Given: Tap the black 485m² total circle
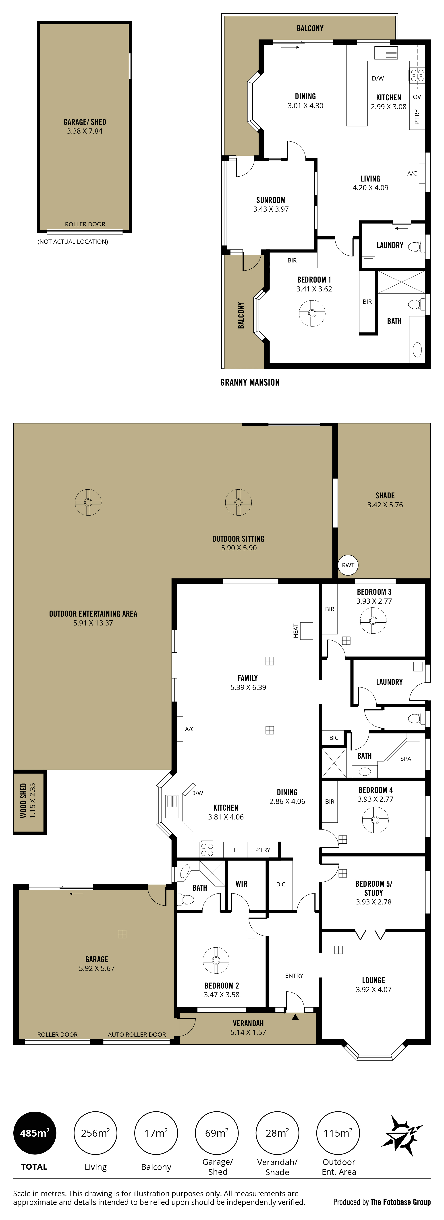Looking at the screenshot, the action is pos(35,1133).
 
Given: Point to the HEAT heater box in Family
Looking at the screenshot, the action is pos(307,631).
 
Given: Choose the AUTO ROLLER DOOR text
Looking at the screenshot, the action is pos(137,1034).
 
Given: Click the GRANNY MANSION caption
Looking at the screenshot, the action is pos(250,382).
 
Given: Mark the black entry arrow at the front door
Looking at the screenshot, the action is pos(295,1016).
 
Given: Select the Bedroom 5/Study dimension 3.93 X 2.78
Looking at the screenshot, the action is pos(373,902).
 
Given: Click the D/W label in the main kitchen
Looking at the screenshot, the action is pos(197,793).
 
